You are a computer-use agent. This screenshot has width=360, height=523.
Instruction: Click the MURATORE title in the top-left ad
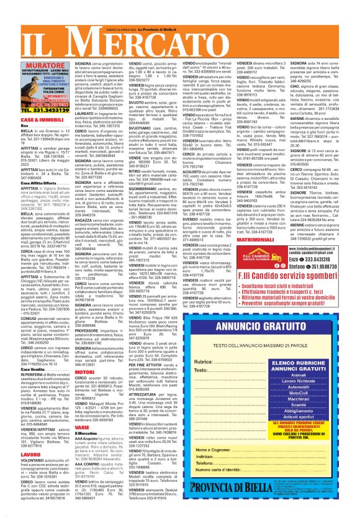pyautogui.click(x=39, y=64)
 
